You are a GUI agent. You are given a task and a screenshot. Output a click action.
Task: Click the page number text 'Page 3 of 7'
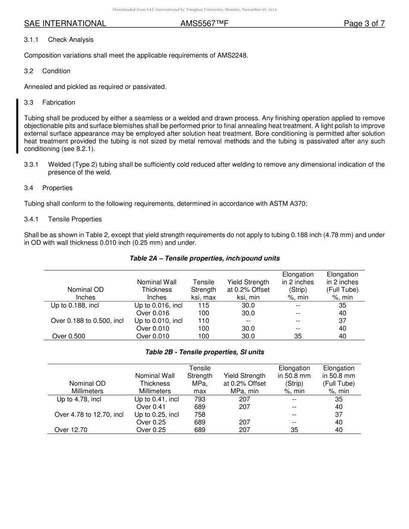pos(364,24)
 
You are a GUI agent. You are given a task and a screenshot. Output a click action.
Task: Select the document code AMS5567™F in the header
pos(204,24)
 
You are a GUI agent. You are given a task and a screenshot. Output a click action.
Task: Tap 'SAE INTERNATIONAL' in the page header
pos(65,24)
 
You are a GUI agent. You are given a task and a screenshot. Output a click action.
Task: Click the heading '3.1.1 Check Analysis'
pos(59,40)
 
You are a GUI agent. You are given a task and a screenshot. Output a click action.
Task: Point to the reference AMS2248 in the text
pos(232,55)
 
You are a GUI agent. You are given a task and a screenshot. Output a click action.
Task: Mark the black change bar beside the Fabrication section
pos(17,126)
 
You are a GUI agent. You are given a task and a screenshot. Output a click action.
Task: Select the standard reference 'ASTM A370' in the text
pos(291,203)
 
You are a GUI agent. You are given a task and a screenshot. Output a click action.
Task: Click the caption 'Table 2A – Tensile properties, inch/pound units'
pos(204,258)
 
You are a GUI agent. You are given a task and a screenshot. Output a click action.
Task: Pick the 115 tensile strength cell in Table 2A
pos(203,305)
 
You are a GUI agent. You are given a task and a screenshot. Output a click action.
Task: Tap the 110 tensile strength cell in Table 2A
pos(203,321)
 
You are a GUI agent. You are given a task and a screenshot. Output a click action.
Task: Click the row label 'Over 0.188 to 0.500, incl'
pos(87,321)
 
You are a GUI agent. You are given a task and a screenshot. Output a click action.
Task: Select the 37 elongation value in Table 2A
pos(342,321)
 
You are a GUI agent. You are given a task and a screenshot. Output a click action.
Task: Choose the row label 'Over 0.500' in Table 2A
pos(68,336)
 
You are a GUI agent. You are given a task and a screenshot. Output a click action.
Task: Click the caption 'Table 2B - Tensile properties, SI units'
pos(204,352)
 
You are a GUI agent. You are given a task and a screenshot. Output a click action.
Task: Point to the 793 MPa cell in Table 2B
pos(200,399)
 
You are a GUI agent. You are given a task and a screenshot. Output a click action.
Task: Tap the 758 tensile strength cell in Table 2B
pos(200,415)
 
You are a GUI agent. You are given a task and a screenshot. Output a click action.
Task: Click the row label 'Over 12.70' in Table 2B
pos(71,430)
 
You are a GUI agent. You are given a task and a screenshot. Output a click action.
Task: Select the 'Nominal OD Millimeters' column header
pos(87,387)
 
